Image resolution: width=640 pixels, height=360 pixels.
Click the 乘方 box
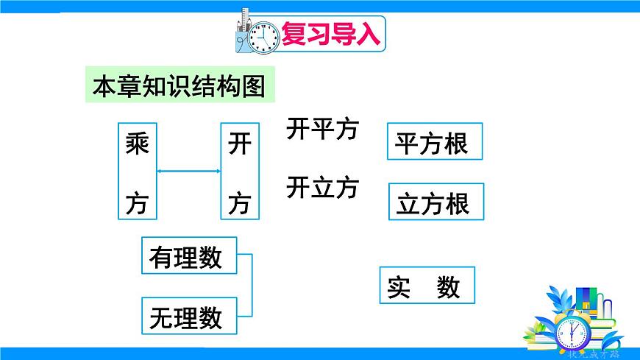click(138, 172)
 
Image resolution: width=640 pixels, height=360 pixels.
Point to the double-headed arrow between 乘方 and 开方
click(189, 172)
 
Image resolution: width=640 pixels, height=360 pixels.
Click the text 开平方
click(321, 130)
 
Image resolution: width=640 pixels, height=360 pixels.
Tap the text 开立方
click(321, 188)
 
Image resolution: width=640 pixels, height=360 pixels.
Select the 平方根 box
click(435, 142)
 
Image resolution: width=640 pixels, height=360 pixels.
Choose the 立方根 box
click(436, 202)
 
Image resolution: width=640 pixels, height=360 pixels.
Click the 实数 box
click(427, 286)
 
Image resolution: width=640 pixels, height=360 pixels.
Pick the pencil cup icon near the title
click(245, 33)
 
